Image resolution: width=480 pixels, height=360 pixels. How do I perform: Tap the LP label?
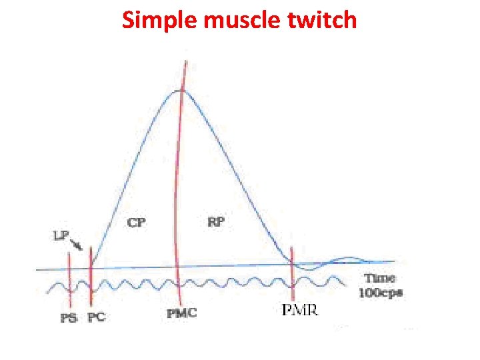61,235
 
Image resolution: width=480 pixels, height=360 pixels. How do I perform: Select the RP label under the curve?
215,223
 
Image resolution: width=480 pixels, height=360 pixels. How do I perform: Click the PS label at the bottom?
69,318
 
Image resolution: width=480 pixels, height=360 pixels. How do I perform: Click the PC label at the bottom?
96,318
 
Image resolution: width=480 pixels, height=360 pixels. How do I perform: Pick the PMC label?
182,313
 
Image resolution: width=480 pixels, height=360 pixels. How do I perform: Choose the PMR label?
300,310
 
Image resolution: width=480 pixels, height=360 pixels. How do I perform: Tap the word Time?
379,278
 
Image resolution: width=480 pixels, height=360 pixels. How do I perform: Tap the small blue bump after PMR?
348,258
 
